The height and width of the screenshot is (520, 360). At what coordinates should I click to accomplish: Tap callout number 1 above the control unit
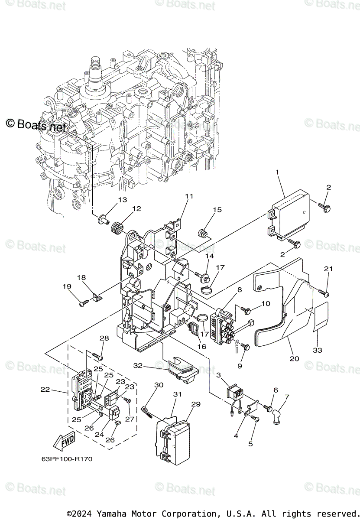click(x=277, y=172)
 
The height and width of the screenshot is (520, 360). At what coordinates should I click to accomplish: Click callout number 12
click(x=136, y=208)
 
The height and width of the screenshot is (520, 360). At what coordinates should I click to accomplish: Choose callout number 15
click(x=217, y=210)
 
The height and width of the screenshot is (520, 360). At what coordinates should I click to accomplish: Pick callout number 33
click(x=317, y=350)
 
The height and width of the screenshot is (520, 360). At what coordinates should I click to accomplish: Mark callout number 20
click(x=295, y=358)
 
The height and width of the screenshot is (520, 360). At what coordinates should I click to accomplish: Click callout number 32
click(x=138, y=365)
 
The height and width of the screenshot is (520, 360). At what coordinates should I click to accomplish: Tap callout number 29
click(x=196, y=404)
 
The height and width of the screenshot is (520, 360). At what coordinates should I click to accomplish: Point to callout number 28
click(x=104, y=338)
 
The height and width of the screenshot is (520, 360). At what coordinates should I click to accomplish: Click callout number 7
click(x=287, y=396)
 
